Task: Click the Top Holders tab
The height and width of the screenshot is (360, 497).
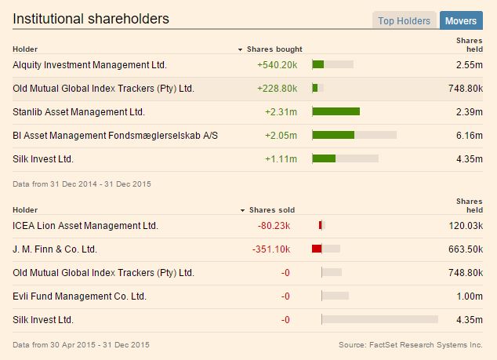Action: pyautogui.click(x=404, y=21)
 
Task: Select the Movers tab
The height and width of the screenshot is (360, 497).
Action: pyautogui.click(x=462, y=21)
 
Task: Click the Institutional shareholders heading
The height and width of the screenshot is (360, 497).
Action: pyautogui.click(x=90, y=19)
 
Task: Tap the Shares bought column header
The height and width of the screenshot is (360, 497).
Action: pyautogui.click(x=274, y=49)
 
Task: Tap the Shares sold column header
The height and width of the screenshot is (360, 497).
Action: pyautogui.click(x=271, y=210)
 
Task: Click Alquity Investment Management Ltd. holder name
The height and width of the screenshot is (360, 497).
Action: pyautogui.click(x=89, y=64)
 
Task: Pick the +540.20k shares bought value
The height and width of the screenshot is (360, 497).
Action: pyautogui.click(x=277, y=64)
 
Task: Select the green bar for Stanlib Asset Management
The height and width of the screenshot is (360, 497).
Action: pyautogui.click(x=336, y=111)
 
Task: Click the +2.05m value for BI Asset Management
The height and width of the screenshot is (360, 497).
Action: pyautogui.click(x=281, y=136)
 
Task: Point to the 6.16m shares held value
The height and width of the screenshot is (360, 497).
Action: pyautogui.click(x=469, y=136)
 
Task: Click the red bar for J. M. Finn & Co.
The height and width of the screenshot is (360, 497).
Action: pyautogui.click(x=317, y=249)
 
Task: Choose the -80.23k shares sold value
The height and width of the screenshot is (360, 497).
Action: pyautogui.click(x=274, y=226)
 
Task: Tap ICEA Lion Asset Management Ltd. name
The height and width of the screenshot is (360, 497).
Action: pyautogui.click(x=85, y=226)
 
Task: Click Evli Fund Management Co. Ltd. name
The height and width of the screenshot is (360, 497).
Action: pyautogui.click(x=80, y=296)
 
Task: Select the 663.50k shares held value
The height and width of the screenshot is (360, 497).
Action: pyautogui.click(x=465, y=249)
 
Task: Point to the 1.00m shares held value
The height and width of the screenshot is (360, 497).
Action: pyautogui.click(x=469, y=296)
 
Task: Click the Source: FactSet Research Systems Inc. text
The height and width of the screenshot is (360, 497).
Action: pyautogui.click(x=410, y=344)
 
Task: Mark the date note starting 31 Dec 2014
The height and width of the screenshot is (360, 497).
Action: pyautogui.click(x=82, y=184)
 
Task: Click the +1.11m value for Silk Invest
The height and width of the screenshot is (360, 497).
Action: pyautogui.click(x=281, y=159)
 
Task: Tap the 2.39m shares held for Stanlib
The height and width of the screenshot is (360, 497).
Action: pyautogui.click(x=469, y=112)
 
